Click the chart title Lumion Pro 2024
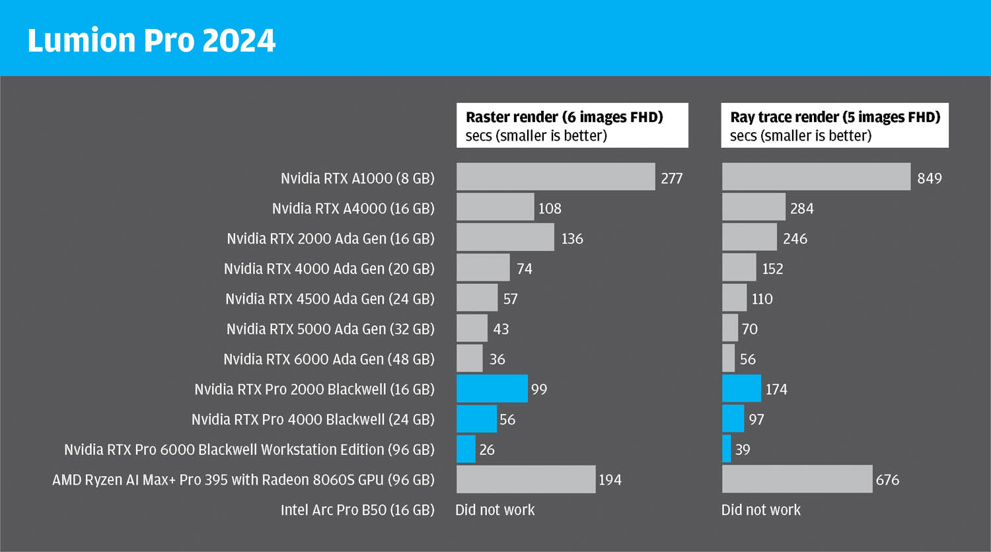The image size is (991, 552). tap(151, 40)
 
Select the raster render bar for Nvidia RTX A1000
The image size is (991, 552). tap(555, 177)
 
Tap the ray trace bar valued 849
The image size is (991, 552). tap(816, 177)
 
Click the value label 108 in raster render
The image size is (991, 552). tap(550, 209)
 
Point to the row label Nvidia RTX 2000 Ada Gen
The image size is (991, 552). tap(330, 239)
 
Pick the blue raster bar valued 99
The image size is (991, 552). tap(492, 389)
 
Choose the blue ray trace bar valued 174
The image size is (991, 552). tap(741, 389)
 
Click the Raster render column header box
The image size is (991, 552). tap(572, 125)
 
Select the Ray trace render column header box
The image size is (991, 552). tap(834, 125)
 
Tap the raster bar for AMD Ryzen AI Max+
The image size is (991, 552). tap(525, 479)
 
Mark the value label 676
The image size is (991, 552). tap(887, 480)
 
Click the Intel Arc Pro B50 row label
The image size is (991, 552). tap(357, 510)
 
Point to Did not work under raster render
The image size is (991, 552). tap(495, 510)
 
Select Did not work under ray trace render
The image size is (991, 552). tap(760, 510)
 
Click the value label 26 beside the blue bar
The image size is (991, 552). tap(487, 450)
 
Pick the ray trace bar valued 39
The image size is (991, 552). tap(727, 449)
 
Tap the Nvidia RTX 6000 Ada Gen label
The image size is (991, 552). tap(329, 359)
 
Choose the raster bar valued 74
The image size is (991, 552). tap(483, 267)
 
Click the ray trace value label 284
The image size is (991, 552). tap(802, 209)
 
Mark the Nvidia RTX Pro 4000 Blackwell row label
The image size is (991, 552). tap(313, 419)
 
